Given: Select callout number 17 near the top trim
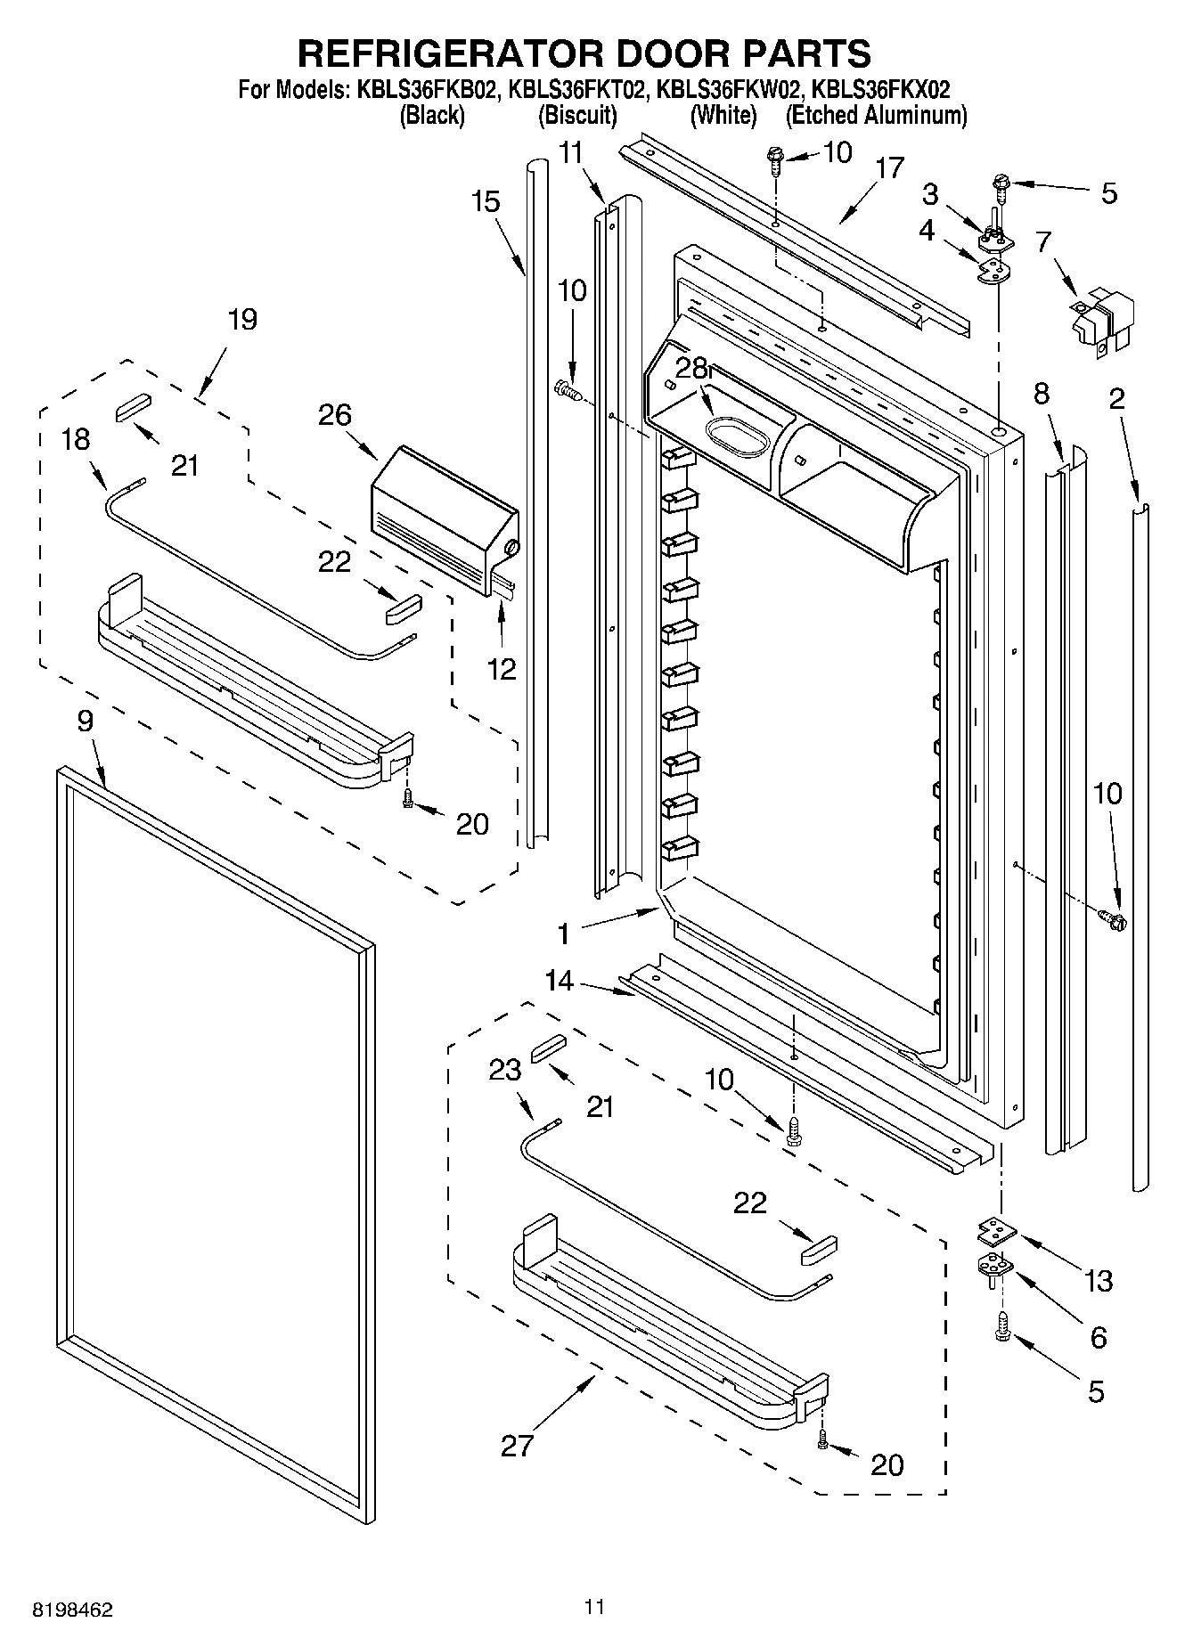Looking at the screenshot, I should tap(889, 168).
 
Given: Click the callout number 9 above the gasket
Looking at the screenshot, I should tap(85, 721).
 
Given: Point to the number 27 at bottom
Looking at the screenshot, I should tap(517, 1444).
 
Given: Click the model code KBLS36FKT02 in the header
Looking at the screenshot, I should tap(576, 90).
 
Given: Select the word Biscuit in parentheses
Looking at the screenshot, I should tap(577, 115).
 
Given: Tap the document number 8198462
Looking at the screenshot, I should tap(72, 1610).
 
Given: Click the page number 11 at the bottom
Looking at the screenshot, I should tap(595, 1607).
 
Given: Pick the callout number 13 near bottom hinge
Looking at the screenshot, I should tap(1099, 1281).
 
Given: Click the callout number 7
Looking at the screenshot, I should tap(1043, 241).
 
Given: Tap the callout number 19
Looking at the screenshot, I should tap(242, 319).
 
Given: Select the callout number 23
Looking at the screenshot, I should tap(505, 1069).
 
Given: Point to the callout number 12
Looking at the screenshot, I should tap(502, 670).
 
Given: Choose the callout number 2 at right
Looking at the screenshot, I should tap(1116, 398).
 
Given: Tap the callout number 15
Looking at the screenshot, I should tap(486, 201).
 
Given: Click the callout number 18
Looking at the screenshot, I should tap(77, 439).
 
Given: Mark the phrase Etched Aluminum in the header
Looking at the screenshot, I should tap(876, 115).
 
